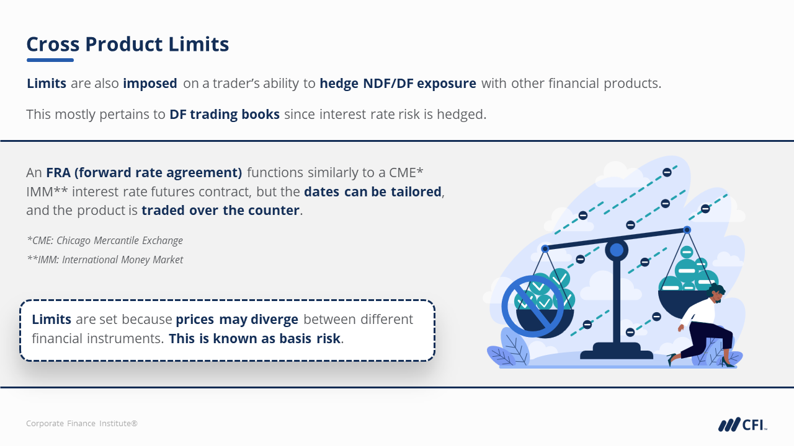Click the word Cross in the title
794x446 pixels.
(x=53, y=44)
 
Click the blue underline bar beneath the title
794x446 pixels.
(x=50, y=60)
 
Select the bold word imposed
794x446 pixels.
(x=150, y=84)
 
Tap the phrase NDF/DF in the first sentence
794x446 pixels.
(x=388, y=84)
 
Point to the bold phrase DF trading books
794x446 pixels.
(x=225, y=115)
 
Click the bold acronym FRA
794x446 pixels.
(x=58, y=172)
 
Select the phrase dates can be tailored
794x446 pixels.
(x=373, y=191)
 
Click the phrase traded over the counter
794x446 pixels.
(x=220, y=210)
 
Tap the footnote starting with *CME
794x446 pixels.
(x=105, y=240)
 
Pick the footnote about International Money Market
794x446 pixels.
(x=105, y=260)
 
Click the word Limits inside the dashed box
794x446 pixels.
(x=51, y=319)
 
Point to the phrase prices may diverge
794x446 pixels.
(x=237, y=320)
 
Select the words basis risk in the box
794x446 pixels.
(x=310, y=338)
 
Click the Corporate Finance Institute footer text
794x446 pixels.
(x=82, y=423)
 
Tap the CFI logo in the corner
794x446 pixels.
(x=743, y=424)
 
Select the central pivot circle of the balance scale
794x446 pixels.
(x=617, y=250)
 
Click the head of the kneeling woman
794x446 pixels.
(x=716, y=294)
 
